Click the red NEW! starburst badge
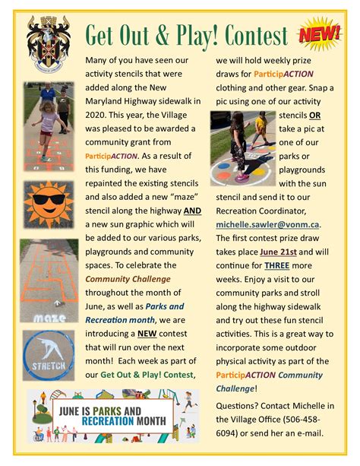point(320,34)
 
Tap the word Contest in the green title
point(251,36)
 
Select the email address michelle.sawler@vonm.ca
point(268,224)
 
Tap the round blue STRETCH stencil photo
point(49,354)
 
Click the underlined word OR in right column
point(314,115)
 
